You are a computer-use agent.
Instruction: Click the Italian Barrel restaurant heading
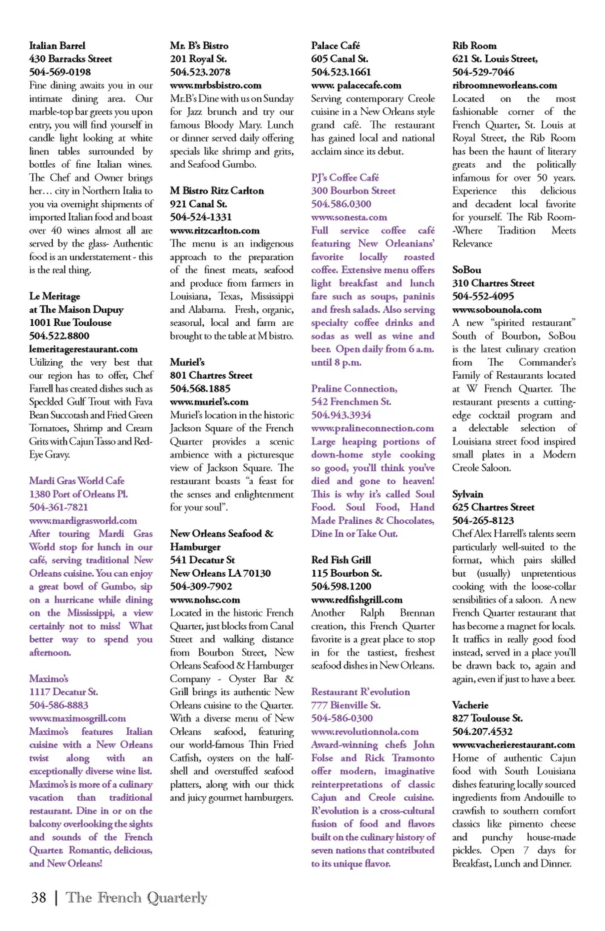(x=57, y=45)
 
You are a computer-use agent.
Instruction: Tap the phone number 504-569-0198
(x=60, y=72)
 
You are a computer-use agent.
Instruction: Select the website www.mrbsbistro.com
(x=216, y=85)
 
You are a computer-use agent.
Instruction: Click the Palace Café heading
(x=335, y=45)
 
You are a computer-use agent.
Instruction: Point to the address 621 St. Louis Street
(x=495, y=59)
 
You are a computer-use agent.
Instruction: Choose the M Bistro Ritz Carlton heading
(x=217, y=190)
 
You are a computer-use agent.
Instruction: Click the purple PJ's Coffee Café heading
(x=345, y=178)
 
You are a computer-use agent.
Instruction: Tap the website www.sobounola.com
(x=497, y=309)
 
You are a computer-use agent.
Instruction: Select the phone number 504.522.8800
(x=59, y=336)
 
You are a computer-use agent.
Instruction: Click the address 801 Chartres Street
(x=211, y=375)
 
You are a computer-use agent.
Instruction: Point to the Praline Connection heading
(x=354, y=388)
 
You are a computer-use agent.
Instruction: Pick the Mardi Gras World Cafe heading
(x=76, y=480)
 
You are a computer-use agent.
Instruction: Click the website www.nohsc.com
(x=205, y=599)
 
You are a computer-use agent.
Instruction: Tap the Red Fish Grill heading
(x=341, y=560)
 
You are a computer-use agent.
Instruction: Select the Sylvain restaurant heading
(x=468, y=494)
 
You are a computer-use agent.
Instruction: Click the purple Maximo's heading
(x=49, y=679)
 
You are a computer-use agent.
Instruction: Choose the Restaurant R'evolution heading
(x=360, y=691)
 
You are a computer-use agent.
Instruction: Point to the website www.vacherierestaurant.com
(x=514, y=744)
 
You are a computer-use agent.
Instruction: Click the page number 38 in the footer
(x=38, y=898)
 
